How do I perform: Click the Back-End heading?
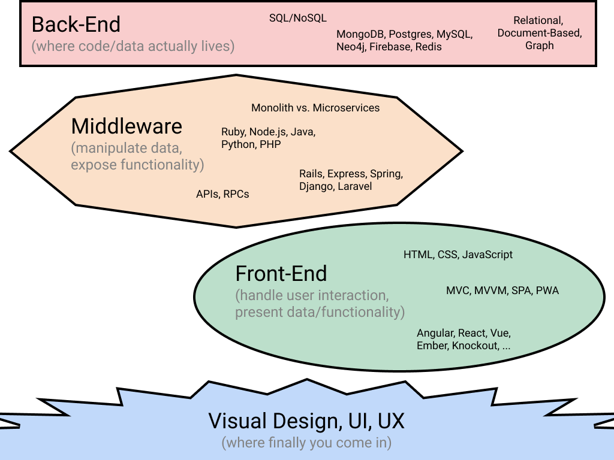76,25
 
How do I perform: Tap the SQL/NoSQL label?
298,18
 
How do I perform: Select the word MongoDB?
360,34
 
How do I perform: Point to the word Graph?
540,46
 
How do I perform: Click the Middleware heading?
127,126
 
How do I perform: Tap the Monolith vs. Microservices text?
315,108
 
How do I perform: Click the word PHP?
270,144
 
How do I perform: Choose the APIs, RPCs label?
222,194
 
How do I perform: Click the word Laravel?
355,186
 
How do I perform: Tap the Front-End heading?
281,274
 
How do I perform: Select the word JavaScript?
487,255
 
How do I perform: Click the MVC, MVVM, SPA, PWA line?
502,290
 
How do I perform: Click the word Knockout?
475,346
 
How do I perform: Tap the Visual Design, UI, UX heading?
306,421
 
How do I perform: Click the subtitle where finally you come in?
306,443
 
